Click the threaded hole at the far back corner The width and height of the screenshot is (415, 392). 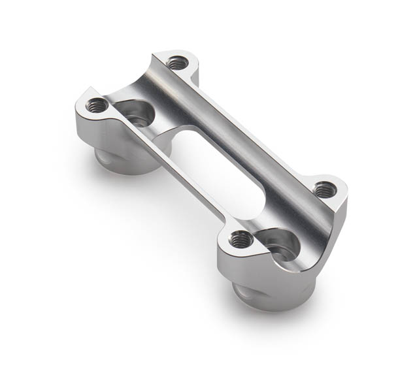tap(177, 63)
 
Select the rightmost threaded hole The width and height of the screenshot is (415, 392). tap(325, 190)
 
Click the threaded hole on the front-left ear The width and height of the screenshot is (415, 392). tap(241, 240)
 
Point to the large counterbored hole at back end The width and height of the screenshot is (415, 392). tap(137, 114)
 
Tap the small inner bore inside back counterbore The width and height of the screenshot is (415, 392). tap(139, 120)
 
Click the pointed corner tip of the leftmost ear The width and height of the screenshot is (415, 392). tap(78, 108)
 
